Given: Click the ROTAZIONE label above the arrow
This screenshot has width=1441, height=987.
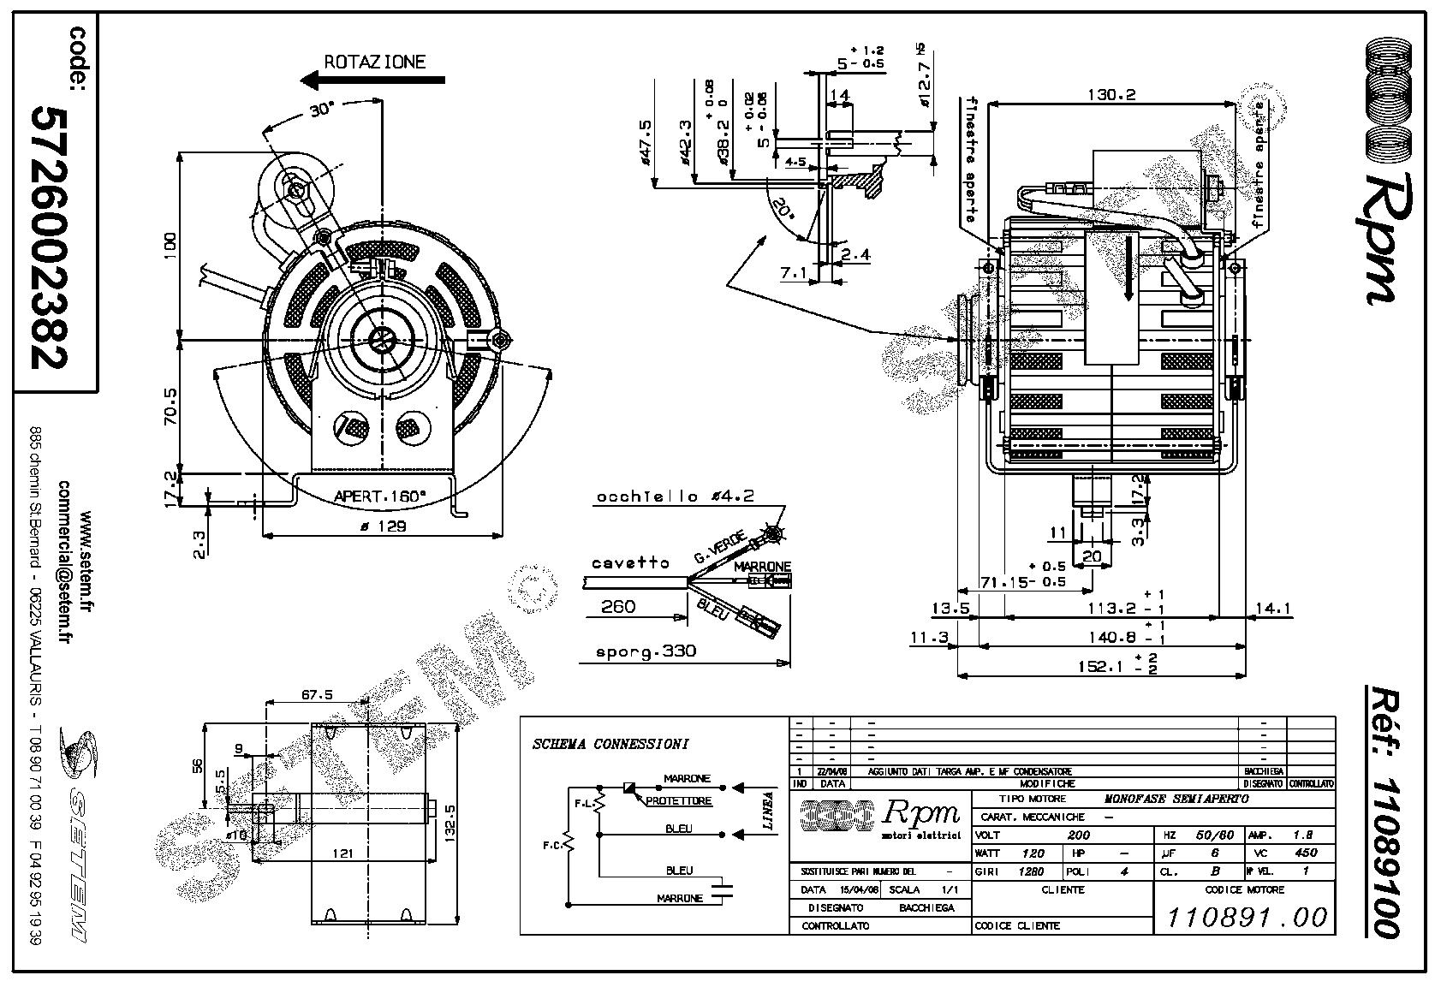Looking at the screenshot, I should tap(374, 62).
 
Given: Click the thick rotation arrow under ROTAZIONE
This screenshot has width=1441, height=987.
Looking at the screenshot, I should tap(373, 80).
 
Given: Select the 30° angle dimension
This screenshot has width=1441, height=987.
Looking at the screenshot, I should tap(321, 110).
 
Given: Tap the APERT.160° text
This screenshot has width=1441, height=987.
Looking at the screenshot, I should tap(379, 496).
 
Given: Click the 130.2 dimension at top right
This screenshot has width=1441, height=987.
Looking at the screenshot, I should tap(1111, 94).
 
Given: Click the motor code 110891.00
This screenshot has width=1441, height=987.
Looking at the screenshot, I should tap(1247, 918).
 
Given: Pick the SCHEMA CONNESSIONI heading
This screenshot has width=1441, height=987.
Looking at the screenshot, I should tap(610, 744).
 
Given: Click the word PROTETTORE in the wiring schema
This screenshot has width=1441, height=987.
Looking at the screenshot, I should tap(679, 801).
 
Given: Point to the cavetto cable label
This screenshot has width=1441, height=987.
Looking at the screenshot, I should tap(630, 563).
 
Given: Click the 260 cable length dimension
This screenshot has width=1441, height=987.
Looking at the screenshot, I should tap(617, 606).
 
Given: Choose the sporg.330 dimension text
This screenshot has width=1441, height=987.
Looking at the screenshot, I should tap(646, 651).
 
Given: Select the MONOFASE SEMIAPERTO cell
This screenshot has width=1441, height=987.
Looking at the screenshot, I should tap(1176, 799).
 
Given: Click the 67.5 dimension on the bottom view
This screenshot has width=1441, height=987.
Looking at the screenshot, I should tap(317, 694).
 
